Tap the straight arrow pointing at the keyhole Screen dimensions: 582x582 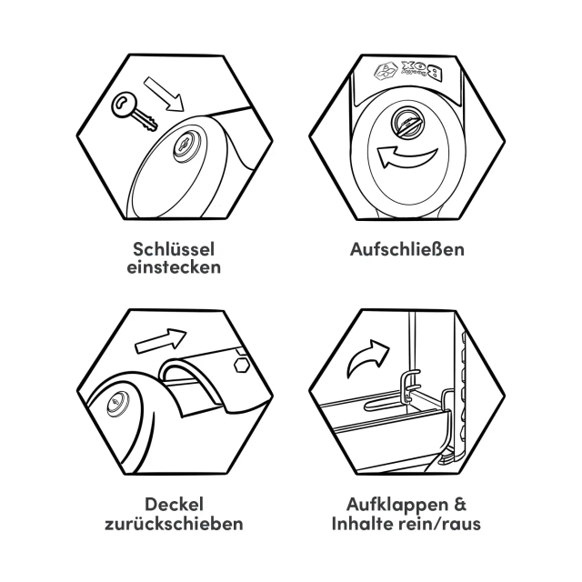click(x=164, y=94)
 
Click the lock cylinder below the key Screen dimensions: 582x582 click(x=186, y=146)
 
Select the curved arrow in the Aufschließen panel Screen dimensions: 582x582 click(x=406, y=156)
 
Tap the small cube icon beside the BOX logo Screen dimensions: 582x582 click(x=386, y=71)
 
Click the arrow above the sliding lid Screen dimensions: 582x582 click(x=161, y=339)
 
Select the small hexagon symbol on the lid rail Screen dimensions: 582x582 click(x=242, y=366)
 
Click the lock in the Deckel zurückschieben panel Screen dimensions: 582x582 click(x=118, y=404)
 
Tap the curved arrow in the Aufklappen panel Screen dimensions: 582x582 click(x=368, y=357)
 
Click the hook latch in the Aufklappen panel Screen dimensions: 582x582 click(x=410, y=386)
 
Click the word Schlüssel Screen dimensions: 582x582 click(x=174, y=249)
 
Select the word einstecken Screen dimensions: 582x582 click(x=174, y=266)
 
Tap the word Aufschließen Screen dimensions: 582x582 click(x=407, y=249)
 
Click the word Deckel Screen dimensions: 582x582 click(x=174, y=505)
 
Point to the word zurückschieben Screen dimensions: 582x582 click(x=174, y=524)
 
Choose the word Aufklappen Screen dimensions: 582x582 click(x=396, y=506)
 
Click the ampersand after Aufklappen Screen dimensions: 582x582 click(x=459, y=505)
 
